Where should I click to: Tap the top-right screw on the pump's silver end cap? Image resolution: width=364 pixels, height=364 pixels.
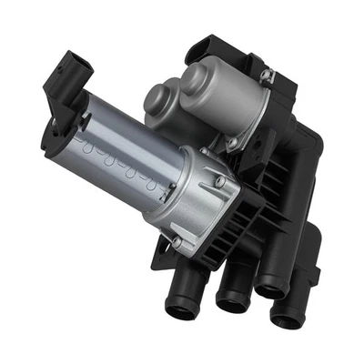pyautogui.click(x=219, y=181)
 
